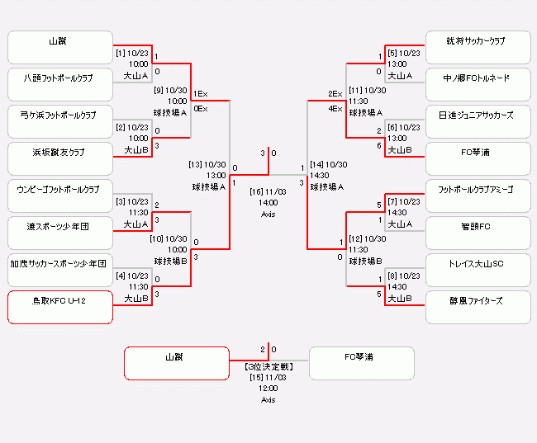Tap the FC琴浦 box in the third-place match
pyautogui.click(x=361, y=363)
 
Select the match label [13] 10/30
pyautogui.click(x=207, y=163)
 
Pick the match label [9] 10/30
pyautogui.click(x=171, y=90)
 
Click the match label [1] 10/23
pyautogui.click(x=132, y=53)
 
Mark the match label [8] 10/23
pyautogui.click(x=403, y=276)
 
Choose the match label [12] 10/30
pyautogui.click(x=368, y=238)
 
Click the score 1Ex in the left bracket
pyautogui.click(x=201, y=94)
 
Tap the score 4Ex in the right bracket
pyautogui.click(x=335, y=108)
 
